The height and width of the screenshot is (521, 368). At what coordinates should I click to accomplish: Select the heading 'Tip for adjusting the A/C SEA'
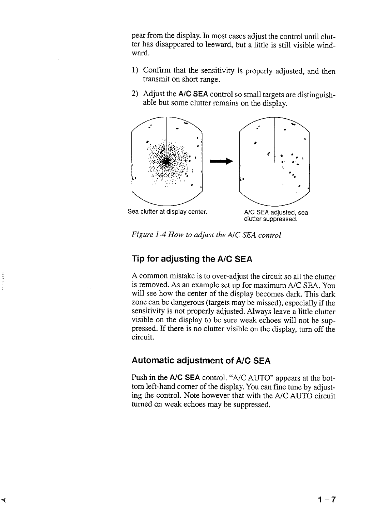coord(192,259)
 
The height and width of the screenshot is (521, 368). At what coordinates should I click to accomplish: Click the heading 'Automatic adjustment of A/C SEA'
coord(201,361)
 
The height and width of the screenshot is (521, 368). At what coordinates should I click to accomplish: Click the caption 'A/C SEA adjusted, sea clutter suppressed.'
coord(276,215)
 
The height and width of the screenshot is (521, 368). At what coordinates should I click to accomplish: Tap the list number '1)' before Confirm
coord(135,71)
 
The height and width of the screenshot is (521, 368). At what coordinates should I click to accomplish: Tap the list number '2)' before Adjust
coord(135,94)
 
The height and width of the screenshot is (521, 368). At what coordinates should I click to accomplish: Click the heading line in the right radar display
coord(274,136)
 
